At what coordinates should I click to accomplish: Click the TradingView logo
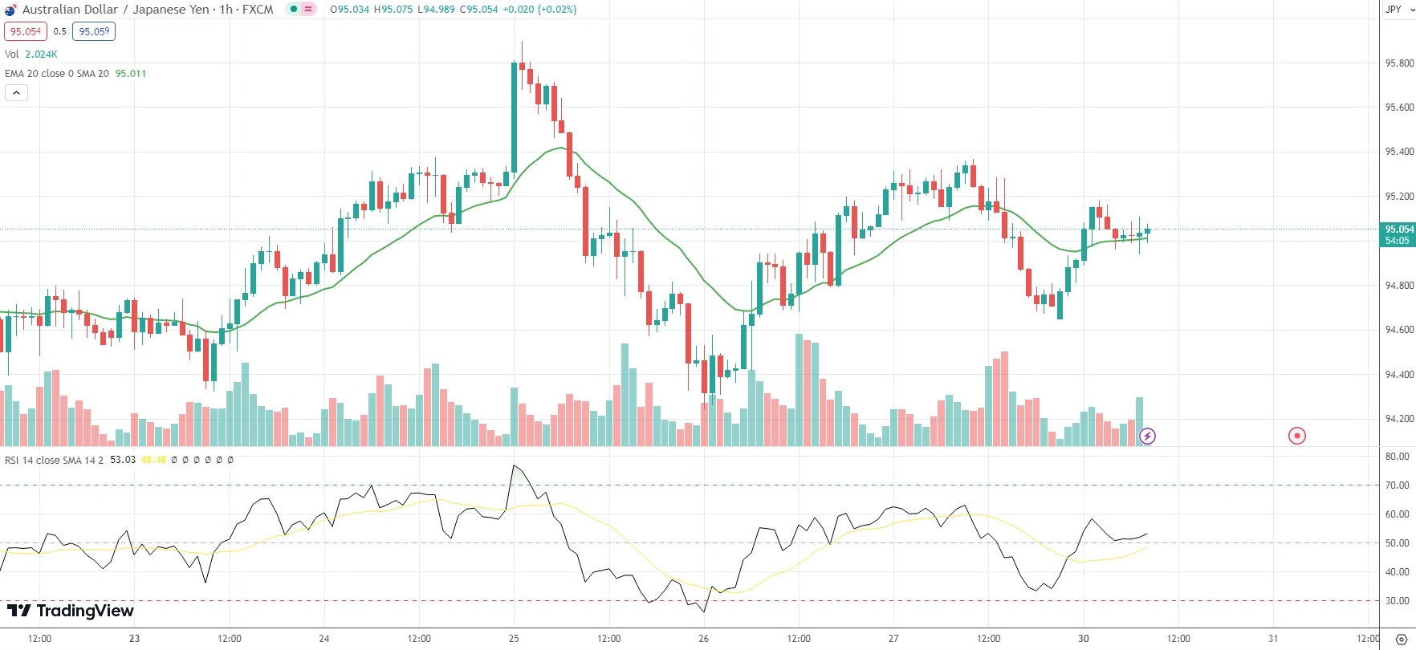click(x=71, y=611)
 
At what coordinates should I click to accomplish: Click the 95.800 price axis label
click(x=1399, y=63)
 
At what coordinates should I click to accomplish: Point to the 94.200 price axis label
click(x=1399, y=419)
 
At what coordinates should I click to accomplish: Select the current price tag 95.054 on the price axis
click(x=1398, y=230)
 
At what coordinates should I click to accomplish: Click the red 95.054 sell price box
click(x=26, y=32)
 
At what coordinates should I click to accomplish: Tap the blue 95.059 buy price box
click(x=94, y=32)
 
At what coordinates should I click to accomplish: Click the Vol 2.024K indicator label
click(x=31, y=55)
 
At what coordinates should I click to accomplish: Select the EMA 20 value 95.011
click(x=131, y=74)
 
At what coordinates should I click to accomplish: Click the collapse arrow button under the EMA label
click(x=16, y=93)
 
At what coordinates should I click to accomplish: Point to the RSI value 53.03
click(x=123, y=460)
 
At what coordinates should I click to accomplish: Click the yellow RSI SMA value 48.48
click(x=153, y=460)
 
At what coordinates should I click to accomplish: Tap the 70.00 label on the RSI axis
click(x=1398, y=485)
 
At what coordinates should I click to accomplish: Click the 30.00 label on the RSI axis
click(x=1398, y=601)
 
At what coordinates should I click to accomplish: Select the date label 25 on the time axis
click(x=514, y=639)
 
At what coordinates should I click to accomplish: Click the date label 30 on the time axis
click(x=1084, y=639)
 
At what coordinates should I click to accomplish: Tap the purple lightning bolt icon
click(x=1148, y=437)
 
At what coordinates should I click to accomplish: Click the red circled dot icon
click(x=1297, y=436)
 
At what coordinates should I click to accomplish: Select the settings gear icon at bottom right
click(x=1402, y=640)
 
